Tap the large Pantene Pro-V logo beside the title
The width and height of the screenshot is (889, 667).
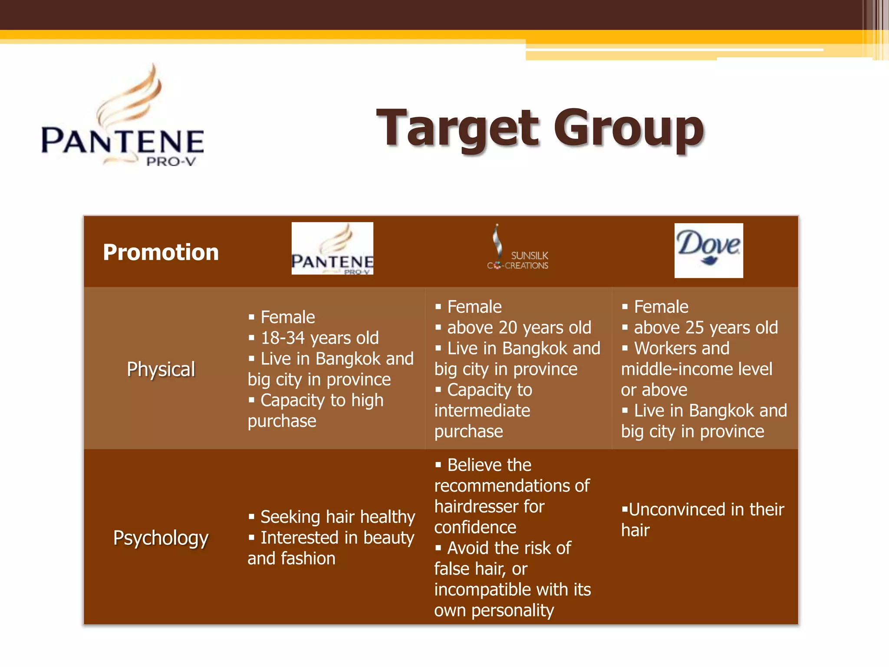[123, 117]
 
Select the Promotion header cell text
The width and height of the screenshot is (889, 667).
[161, 252]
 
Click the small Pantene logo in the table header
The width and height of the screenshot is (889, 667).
[332, 248]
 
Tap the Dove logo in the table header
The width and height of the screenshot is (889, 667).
[708, 250]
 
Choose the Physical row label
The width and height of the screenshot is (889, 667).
[161, 369]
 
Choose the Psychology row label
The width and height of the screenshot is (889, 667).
[161, 538]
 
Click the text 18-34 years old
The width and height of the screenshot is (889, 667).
[319, 338]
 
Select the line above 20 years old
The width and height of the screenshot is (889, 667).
[519, 327]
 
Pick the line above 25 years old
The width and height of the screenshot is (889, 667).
[706, 327]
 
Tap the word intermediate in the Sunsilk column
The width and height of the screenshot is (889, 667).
[482, 410]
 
